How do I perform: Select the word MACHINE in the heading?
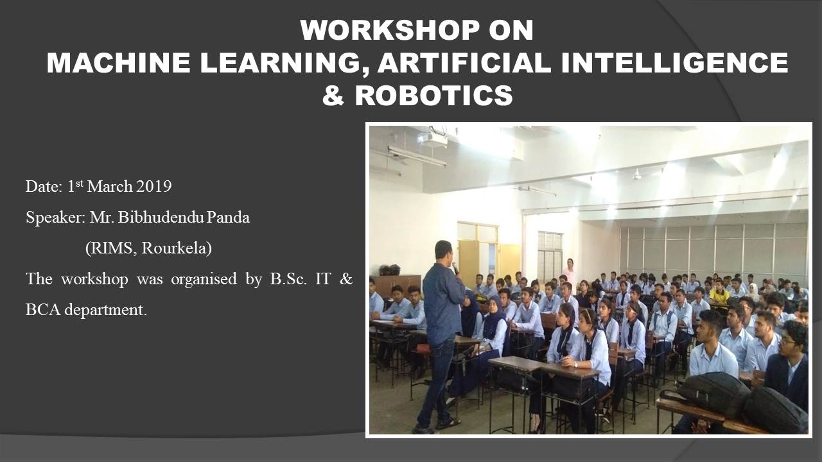click(118, 63)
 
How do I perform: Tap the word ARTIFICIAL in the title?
click(464, 63)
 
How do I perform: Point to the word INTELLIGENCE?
click(674, 63)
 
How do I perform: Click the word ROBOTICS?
click(433, 96)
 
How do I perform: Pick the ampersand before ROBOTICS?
click(333, 96)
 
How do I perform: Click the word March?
click(110, 186)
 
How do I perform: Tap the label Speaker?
click(55, 218)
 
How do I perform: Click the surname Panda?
click(228, 218)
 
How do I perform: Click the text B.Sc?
click(288, 279)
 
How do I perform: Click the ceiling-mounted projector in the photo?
click(433, 139)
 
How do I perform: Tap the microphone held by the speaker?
click(455, 268)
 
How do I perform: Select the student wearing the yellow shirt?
click(719, 291)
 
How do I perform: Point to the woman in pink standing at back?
click(569, 271)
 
